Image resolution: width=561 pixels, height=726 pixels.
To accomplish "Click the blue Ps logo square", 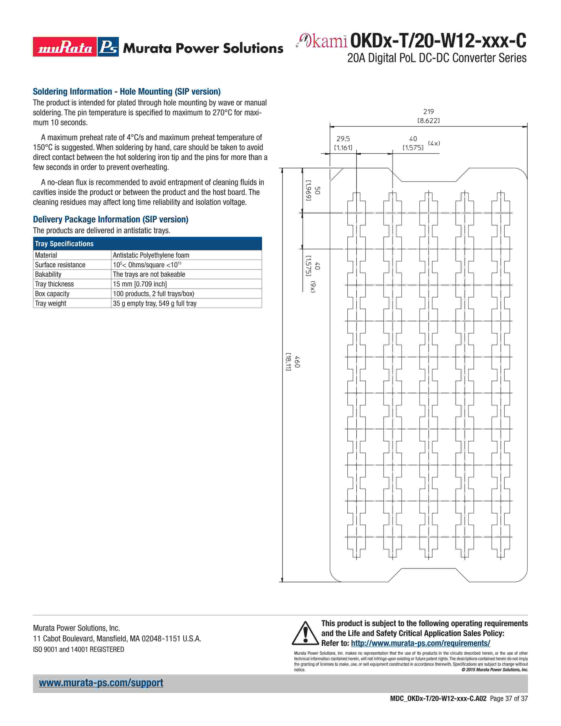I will point(108,47).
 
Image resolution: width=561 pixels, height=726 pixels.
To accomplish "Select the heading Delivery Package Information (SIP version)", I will point(110,219).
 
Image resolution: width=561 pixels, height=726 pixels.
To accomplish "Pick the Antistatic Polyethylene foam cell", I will point(151,255).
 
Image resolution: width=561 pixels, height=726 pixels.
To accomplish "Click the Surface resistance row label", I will point(60,265).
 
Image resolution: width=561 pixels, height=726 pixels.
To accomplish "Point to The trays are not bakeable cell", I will point(149,275).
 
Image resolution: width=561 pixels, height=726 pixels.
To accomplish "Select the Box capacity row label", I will point(52,294).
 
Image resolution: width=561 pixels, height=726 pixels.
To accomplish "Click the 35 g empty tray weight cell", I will point(154,304).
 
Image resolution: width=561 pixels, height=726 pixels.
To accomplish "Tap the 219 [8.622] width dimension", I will point(428,116).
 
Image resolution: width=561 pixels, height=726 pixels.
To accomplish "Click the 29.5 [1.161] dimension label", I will point(343,143).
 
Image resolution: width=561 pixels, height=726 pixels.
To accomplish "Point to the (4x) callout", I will point(434,143).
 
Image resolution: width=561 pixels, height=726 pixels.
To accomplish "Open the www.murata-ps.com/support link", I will point(101,683).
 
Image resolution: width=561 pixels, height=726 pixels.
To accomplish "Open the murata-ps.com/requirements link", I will point(420,643).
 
